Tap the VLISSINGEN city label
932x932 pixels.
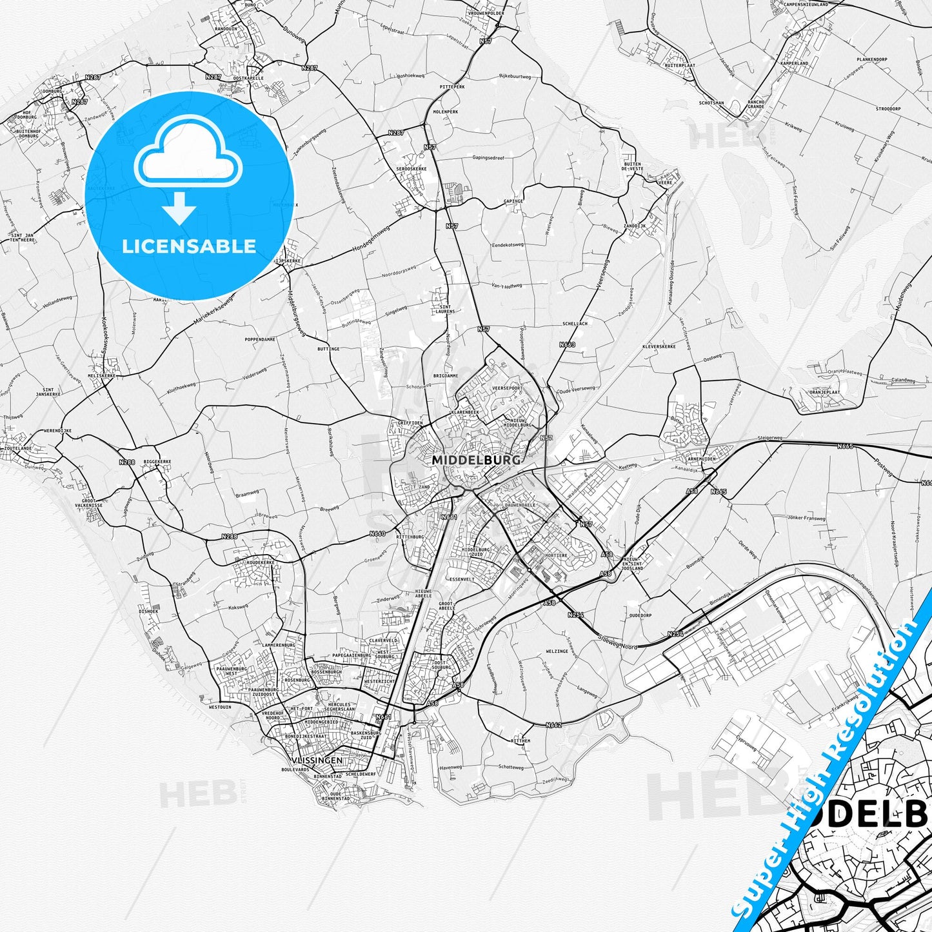tap(317, 760)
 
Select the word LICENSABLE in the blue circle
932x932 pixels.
tap(189, 246)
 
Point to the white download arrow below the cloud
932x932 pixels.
tap(179, 208)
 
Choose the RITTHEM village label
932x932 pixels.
tap(521, 741)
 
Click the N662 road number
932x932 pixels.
tap(553, 725)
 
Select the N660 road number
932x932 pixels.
tap(377, 533)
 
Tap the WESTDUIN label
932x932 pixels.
tap(220, 707)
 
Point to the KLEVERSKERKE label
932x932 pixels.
tap(659, 346)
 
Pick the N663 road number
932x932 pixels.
tap(567, 345)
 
